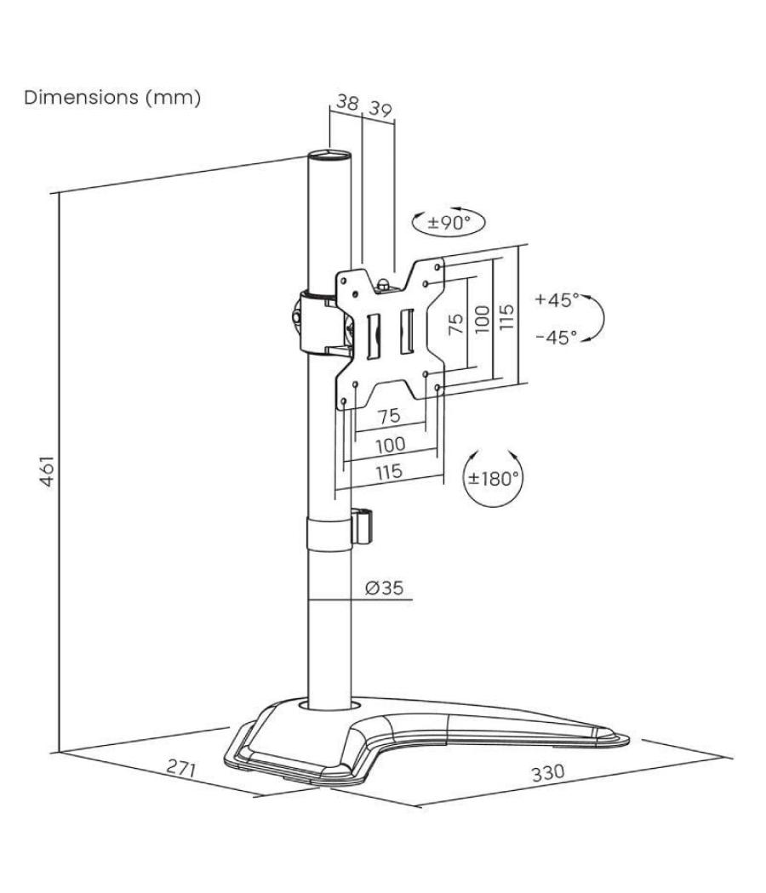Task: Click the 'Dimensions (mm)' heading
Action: point(112,98)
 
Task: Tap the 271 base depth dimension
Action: point(181,769)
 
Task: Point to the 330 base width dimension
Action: point(547,774)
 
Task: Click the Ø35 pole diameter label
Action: point(386,588)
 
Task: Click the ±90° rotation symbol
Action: point(448,223)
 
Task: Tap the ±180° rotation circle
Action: point(492,477)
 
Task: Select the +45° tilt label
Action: point(557,299)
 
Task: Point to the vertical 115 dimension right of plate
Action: point(507,318)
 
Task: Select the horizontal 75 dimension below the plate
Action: point(389,416)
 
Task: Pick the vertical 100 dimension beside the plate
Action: point(482,320)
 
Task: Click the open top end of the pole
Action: point(329,156)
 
